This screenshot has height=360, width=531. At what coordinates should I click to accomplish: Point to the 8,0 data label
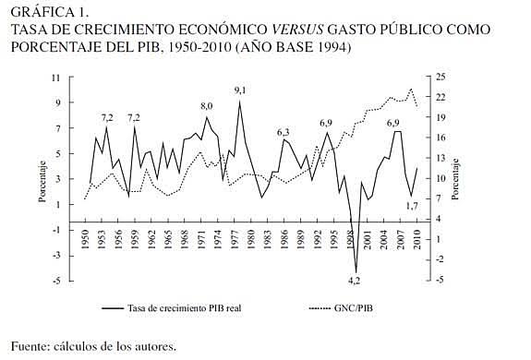point(207,106)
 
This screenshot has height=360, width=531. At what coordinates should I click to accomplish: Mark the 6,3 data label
point(284,132)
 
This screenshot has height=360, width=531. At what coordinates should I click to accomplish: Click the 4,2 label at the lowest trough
point(354,278)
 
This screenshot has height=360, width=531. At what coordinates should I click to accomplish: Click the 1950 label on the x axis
point(84,244)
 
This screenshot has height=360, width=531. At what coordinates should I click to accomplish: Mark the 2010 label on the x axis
point(417,244)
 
